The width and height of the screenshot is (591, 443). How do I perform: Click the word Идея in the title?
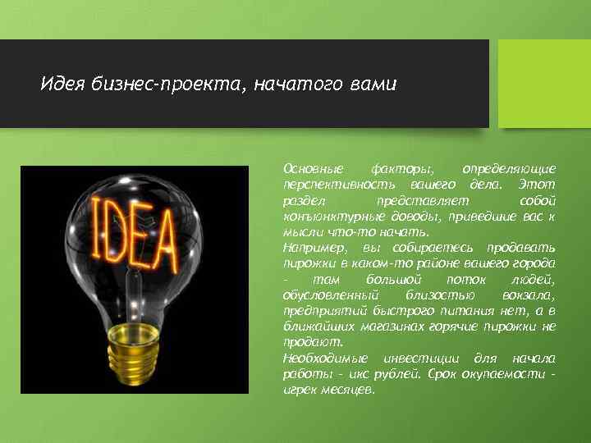61,84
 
